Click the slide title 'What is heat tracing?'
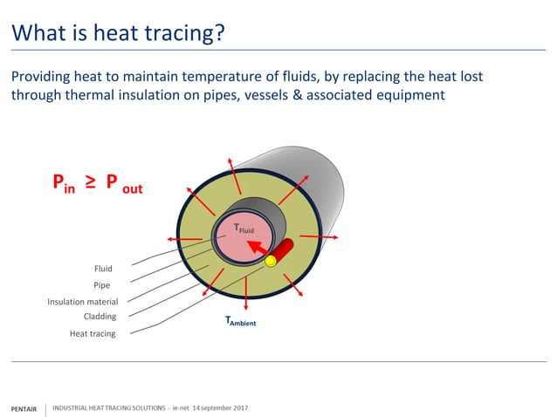(117, 33)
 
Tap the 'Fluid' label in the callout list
(103, 269)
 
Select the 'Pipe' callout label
(101, 284)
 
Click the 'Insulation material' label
(82, 302)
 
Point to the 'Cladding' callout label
(100, 317)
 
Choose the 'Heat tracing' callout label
(93, 333)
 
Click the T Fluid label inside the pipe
(246, 229)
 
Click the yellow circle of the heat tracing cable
(271, 260)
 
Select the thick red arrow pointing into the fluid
(257, 250)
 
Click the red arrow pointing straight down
(246, 302)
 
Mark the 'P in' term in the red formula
(63, 184)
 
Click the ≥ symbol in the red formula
(90, 184)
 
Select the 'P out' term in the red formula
(123, 185)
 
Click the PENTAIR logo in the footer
(23, 408)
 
